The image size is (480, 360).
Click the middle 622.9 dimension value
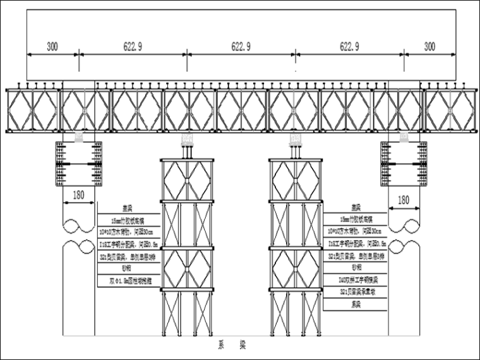tap(241, 47)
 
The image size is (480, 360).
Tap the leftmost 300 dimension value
tap(53, 47)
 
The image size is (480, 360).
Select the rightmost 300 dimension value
tap(429, 47)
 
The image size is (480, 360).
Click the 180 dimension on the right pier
tap(402, 200)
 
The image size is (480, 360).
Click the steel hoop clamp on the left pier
tap(78, 164)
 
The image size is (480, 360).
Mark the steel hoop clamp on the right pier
tap(403, 164)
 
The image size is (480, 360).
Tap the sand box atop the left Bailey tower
tap(187, 140)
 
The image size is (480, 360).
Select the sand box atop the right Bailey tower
tap(294, 140)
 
